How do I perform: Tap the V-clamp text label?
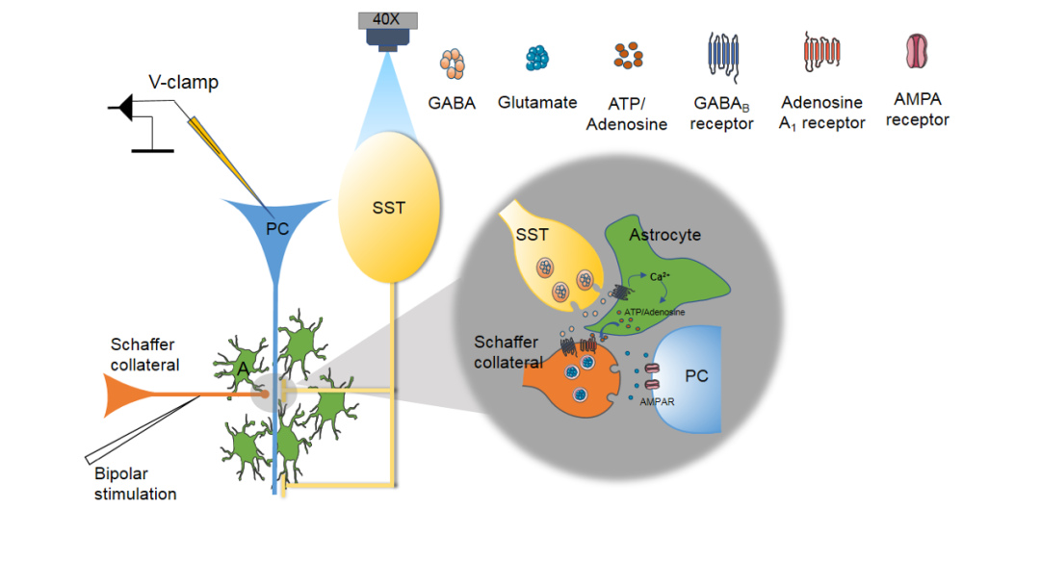click(183, 83)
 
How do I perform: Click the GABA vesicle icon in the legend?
click(453, 64)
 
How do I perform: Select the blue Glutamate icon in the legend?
click(537, 59)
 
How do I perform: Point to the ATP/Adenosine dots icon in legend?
click(628, 56)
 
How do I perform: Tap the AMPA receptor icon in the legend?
click(917, 51)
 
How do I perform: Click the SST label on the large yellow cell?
click(388, 208)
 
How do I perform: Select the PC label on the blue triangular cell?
click(277, 229)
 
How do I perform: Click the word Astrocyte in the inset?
click(664, 235)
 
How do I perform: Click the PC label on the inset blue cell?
click(695, 375)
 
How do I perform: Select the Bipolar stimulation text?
click(135, 485)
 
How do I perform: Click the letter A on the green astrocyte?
click(243, 367)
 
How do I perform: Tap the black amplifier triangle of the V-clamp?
click(121, 112)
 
